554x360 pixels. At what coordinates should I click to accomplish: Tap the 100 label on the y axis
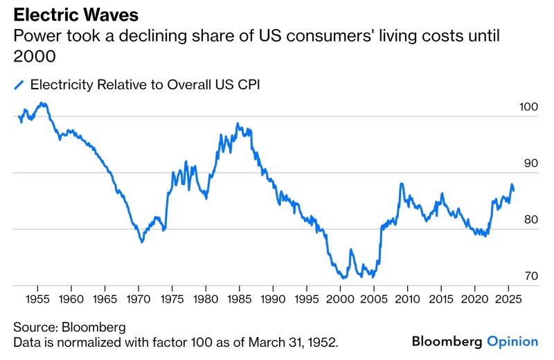(x=528, y=107)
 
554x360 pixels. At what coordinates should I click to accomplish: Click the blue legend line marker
(x=19, y=84)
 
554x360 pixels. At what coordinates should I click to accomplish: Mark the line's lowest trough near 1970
(x=142, y=242)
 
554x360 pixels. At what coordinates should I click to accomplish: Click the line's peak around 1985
(x=238, y=124)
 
